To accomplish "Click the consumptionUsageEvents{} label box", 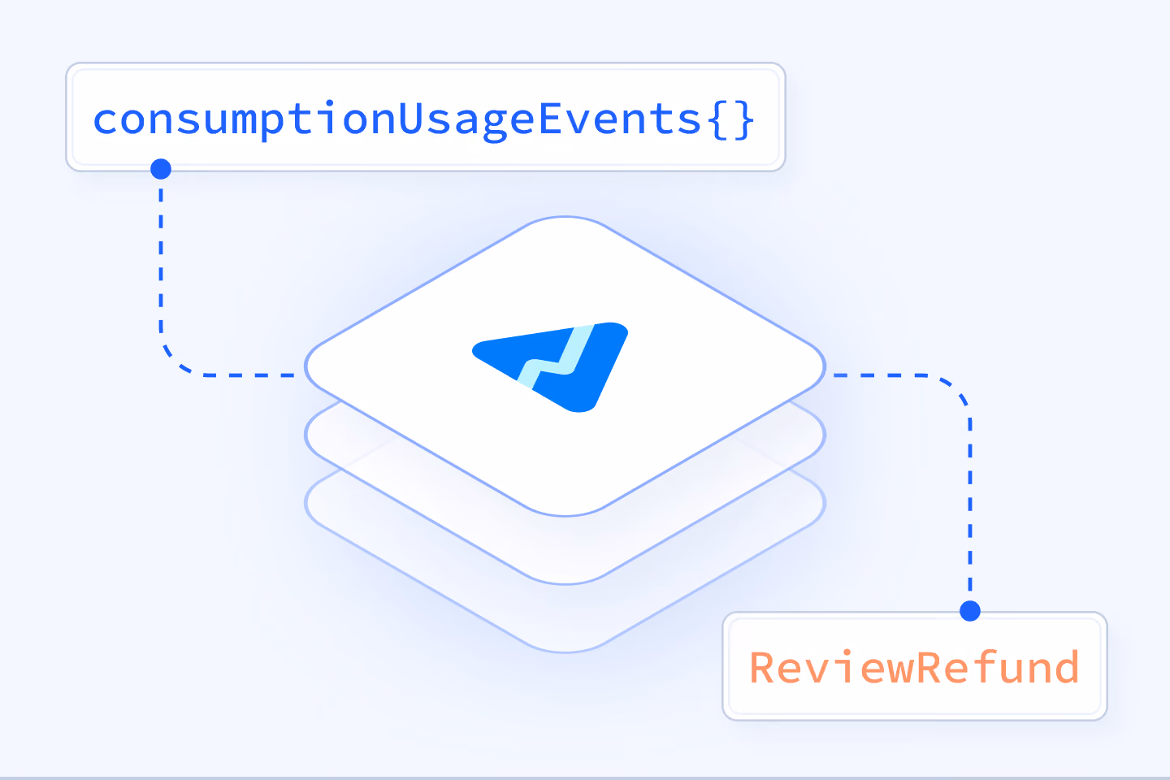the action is pos(426,117).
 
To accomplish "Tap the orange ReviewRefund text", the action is pos(915,667).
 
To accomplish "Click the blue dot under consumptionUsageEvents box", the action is pos(161,169).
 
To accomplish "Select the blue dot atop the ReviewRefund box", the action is pos(970,611).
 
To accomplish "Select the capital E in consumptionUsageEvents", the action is pos(551,118).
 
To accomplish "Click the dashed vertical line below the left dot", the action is pos(161,262).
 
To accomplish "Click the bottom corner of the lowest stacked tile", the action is pos(565,652).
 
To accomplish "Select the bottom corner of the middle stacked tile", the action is pos(565,583).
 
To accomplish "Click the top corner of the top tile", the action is pos(565,217).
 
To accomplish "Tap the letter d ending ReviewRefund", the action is pos(1066,667).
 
